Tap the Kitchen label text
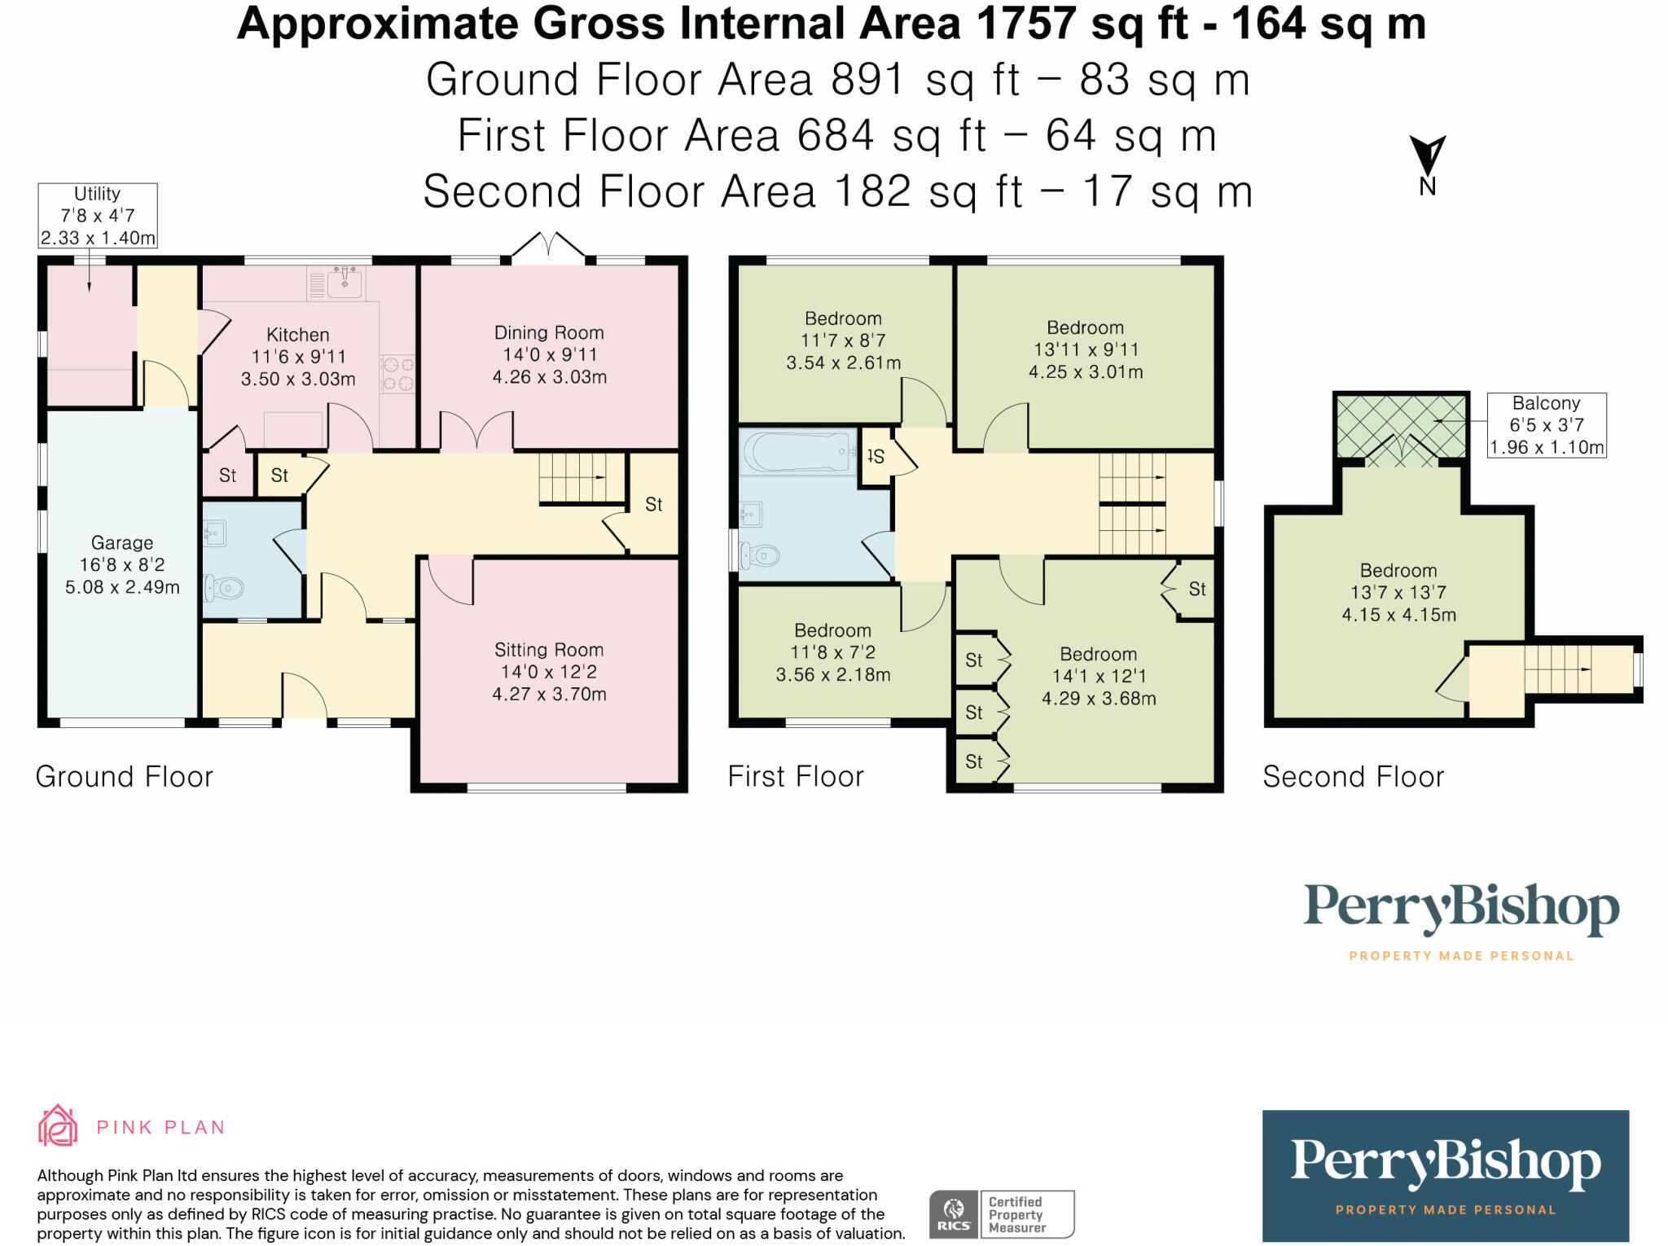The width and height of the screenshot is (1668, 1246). [x=298, y=335]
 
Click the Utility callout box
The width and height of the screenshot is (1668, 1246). [x=98, y=216]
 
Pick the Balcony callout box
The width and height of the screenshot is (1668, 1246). [x=1547, y=425]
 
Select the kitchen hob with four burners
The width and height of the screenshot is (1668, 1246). [x=398, y=374]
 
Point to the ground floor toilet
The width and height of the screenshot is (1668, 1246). [x=223, y=587]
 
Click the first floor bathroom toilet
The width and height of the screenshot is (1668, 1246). [x=759, y=556]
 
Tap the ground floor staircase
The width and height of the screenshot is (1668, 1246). [x=581, y=478]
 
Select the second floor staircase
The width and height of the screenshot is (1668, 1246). [x=1557, y=669]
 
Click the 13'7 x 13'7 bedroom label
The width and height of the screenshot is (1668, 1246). [x=1398, y=593]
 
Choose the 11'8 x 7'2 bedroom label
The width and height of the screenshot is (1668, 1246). [x=832, y=652]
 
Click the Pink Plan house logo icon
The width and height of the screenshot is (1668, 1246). [x=58, y=1125]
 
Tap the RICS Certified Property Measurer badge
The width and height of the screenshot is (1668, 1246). [x=1002, y=1214]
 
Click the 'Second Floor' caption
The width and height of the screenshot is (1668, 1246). [x=1353, y=777]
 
